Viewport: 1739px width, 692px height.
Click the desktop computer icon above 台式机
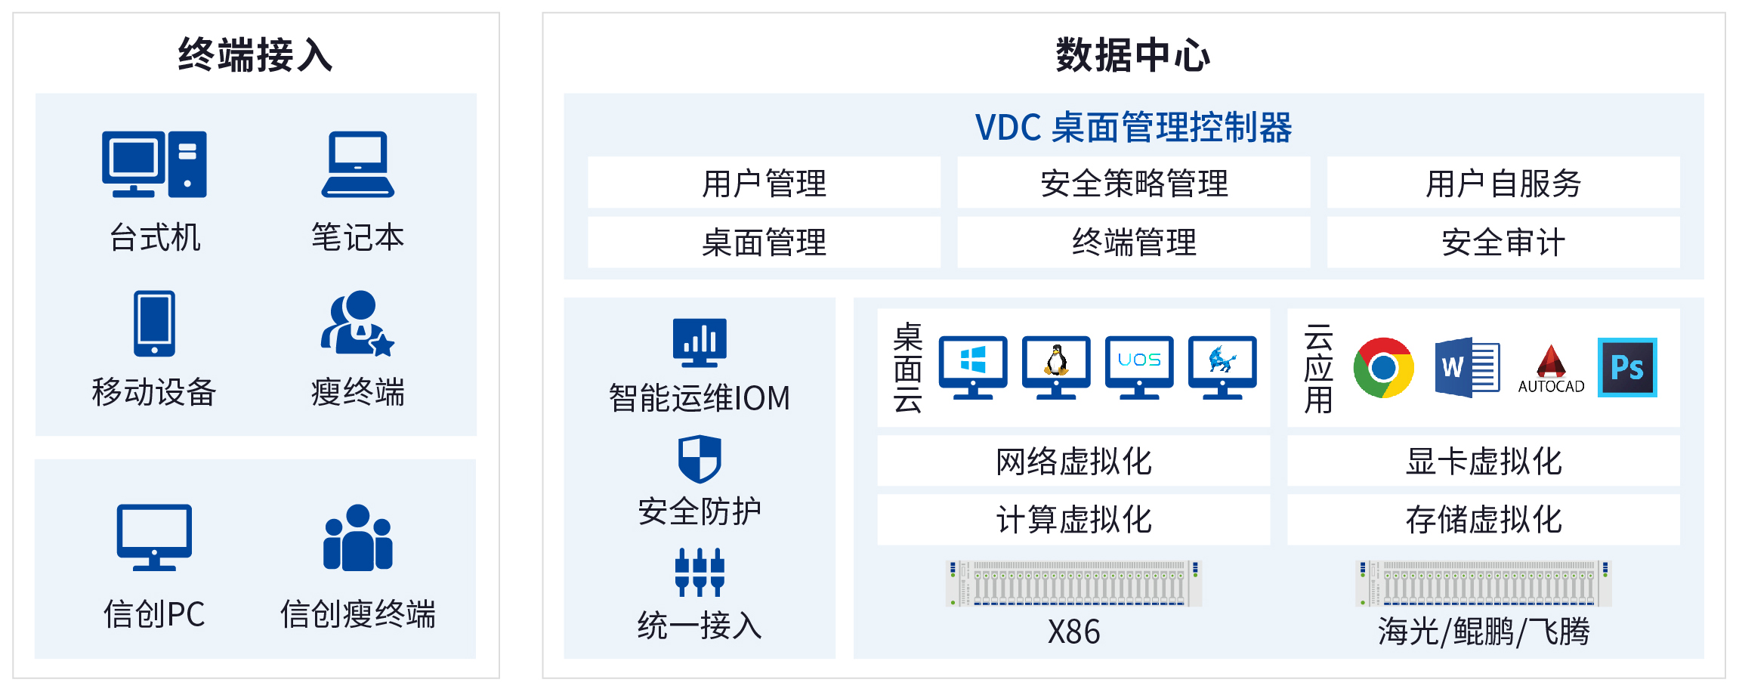(x=154, y=164)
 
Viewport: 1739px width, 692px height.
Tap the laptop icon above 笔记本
(x=357, y=164)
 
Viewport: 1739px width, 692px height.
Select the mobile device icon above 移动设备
(x=154, y=323)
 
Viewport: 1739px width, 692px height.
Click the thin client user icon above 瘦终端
(x=357, y=323)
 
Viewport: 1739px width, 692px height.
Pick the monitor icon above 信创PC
(x=154, y=537)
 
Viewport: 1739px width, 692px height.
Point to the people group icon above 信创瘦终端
(x=357, y=537)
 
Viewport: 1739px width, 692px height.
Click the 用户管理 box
(x=764, y=183)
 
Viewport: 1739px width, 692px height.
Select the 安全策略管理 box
(x=1133, y=183)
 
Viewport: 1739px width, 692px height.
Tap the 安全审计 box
(x=1503, y=243)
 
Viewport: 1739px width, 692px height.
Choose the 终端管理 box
(x=1133, y=243)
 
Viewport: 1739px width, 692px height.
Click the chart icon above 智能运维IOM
(x=700, y=342)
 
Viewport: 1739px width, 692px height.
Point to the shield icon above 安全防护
(x=700, y=459)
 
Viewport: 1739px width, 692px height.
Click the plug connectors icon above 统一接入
(x=700, y=572)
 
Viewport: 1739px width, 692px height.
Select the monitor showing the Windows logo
(x=972, y=366)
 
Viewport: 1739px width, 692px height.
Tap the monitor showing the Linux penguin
(x=1055, y=366)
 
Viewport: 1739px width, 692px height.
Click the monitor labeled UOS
(x=1138, y=366)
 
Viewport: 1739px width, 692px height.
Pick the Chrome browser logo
(x=1383, y=368)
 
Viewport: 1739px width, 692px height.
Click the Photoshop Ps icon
(x=1626, y=368)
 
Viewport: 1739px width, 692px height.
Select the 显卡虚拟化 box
(x=1483, y=461)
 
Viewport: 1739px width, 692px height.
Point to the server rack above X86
(x=1073, y=583)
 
